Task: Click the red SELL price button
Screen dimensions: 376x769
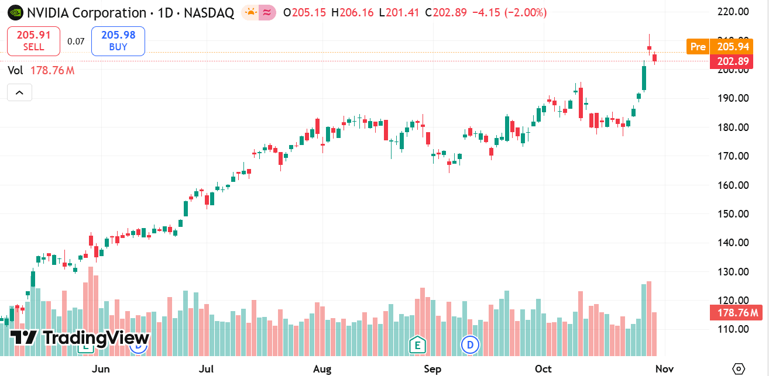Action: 33,41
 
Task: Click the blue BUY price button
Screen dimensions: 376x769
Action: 118,41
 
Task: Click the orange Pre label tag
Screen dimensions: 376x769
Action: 698,47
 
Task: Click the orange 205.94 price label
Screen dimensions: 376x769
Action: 733,47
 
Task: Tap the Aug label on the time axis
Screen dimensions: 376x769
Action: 322,369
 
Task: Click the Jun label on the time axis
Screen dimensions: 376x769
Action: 101,369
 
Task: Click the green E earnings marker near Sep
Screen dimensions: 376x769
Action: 417,345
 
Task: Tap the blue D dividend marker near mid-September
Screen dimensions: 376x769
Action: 470,345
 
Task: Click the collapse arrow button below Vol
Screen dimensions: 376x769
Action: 19,92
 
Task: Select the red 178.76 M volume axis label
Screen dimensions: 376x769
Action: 737,313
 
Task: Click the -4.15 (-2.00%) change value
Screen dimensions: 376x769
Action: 509,12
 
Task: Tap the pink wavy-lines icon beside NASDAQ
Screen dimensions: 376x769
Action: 267,12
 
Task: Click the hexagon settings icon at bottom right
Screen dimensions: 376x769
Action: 739,368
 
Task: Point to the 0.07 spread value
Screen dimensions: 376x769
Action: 75,41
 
